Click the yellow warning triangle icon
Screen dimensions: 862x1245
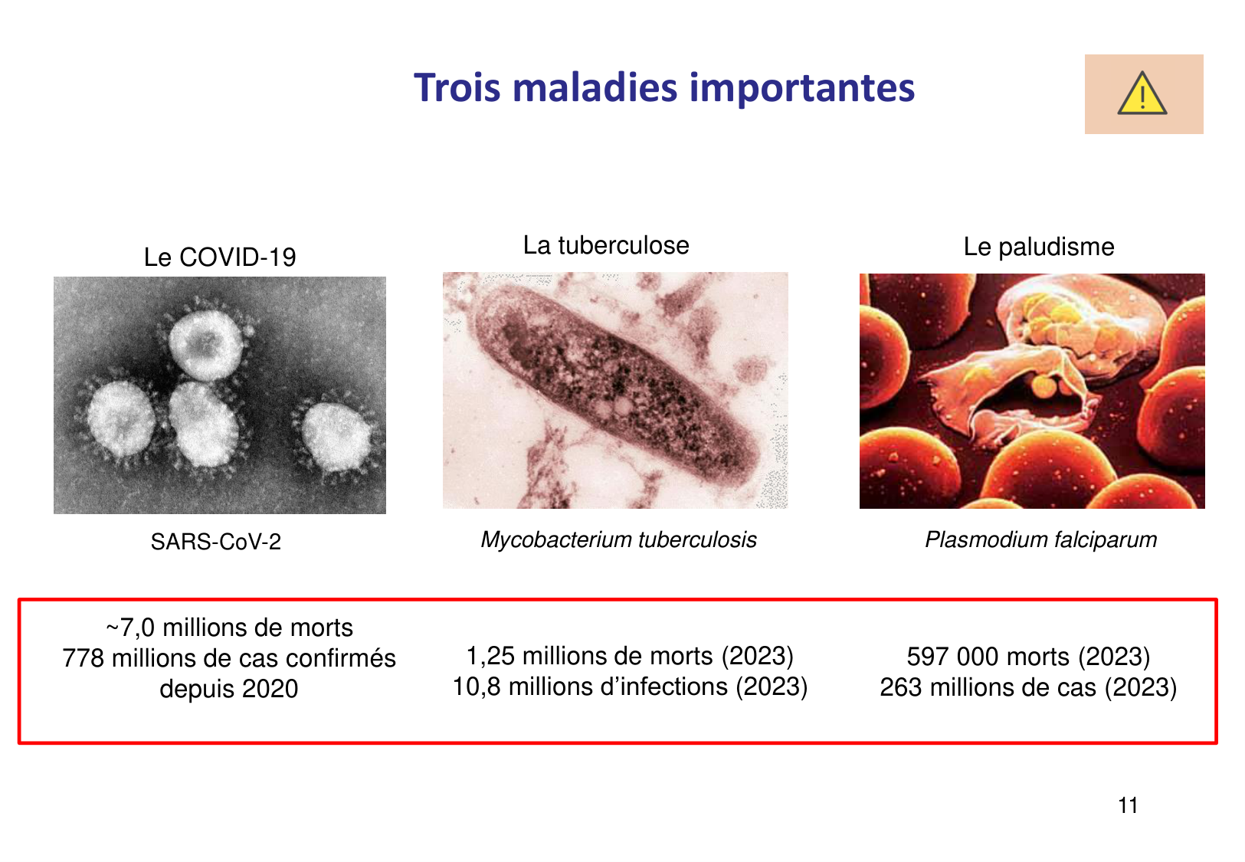pyautogui.click(x=1142, y=94)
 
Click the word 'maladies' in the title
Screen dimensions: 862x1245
pyautogui.click(x=595, y=87)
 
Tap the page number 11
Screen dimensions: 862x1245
pyautogui.click(x=1128, y=805)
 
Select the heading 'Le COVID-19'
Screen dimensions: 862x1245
pyautogui.click(x=220, y=257)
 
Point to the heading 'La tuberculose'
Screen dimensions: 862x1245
pyautogui.click(x=606, y=245)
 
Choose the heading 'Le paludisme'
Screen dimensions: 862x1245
pyautogui.click(x=1038, y=247)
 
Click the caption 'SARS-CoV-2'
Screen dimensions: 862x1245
pyautogui.click(x=216, y=542)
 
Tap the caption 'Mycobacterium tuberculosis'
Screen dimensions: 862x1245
pyautogui.click(x=618, y=539)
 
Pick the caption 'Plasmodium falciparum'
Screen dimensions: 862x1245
pyautogui.click(x=1040, y=539)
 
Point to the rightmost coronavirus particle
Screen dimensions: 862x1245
pyautogui.click(x=336, y=437)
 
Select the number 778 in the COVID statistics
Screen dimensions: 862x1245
pyautogui.click(x=83, y=658)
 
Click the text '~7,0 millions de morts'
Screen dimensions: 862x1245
pyautogui.click(x=229, y=628)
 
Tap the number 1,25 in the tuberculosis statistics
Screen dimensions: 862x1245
pyautogui.click(x=490, y=656)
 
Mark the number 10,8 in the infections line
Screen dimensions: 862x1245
pyautogui.click(x=477, y=687)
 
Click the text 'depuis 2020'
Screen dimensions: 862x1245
pyautogui.click(x=229, y=689)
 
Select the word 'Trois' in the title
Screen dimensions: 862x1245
pyautogui.click(x=457, y=87)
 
